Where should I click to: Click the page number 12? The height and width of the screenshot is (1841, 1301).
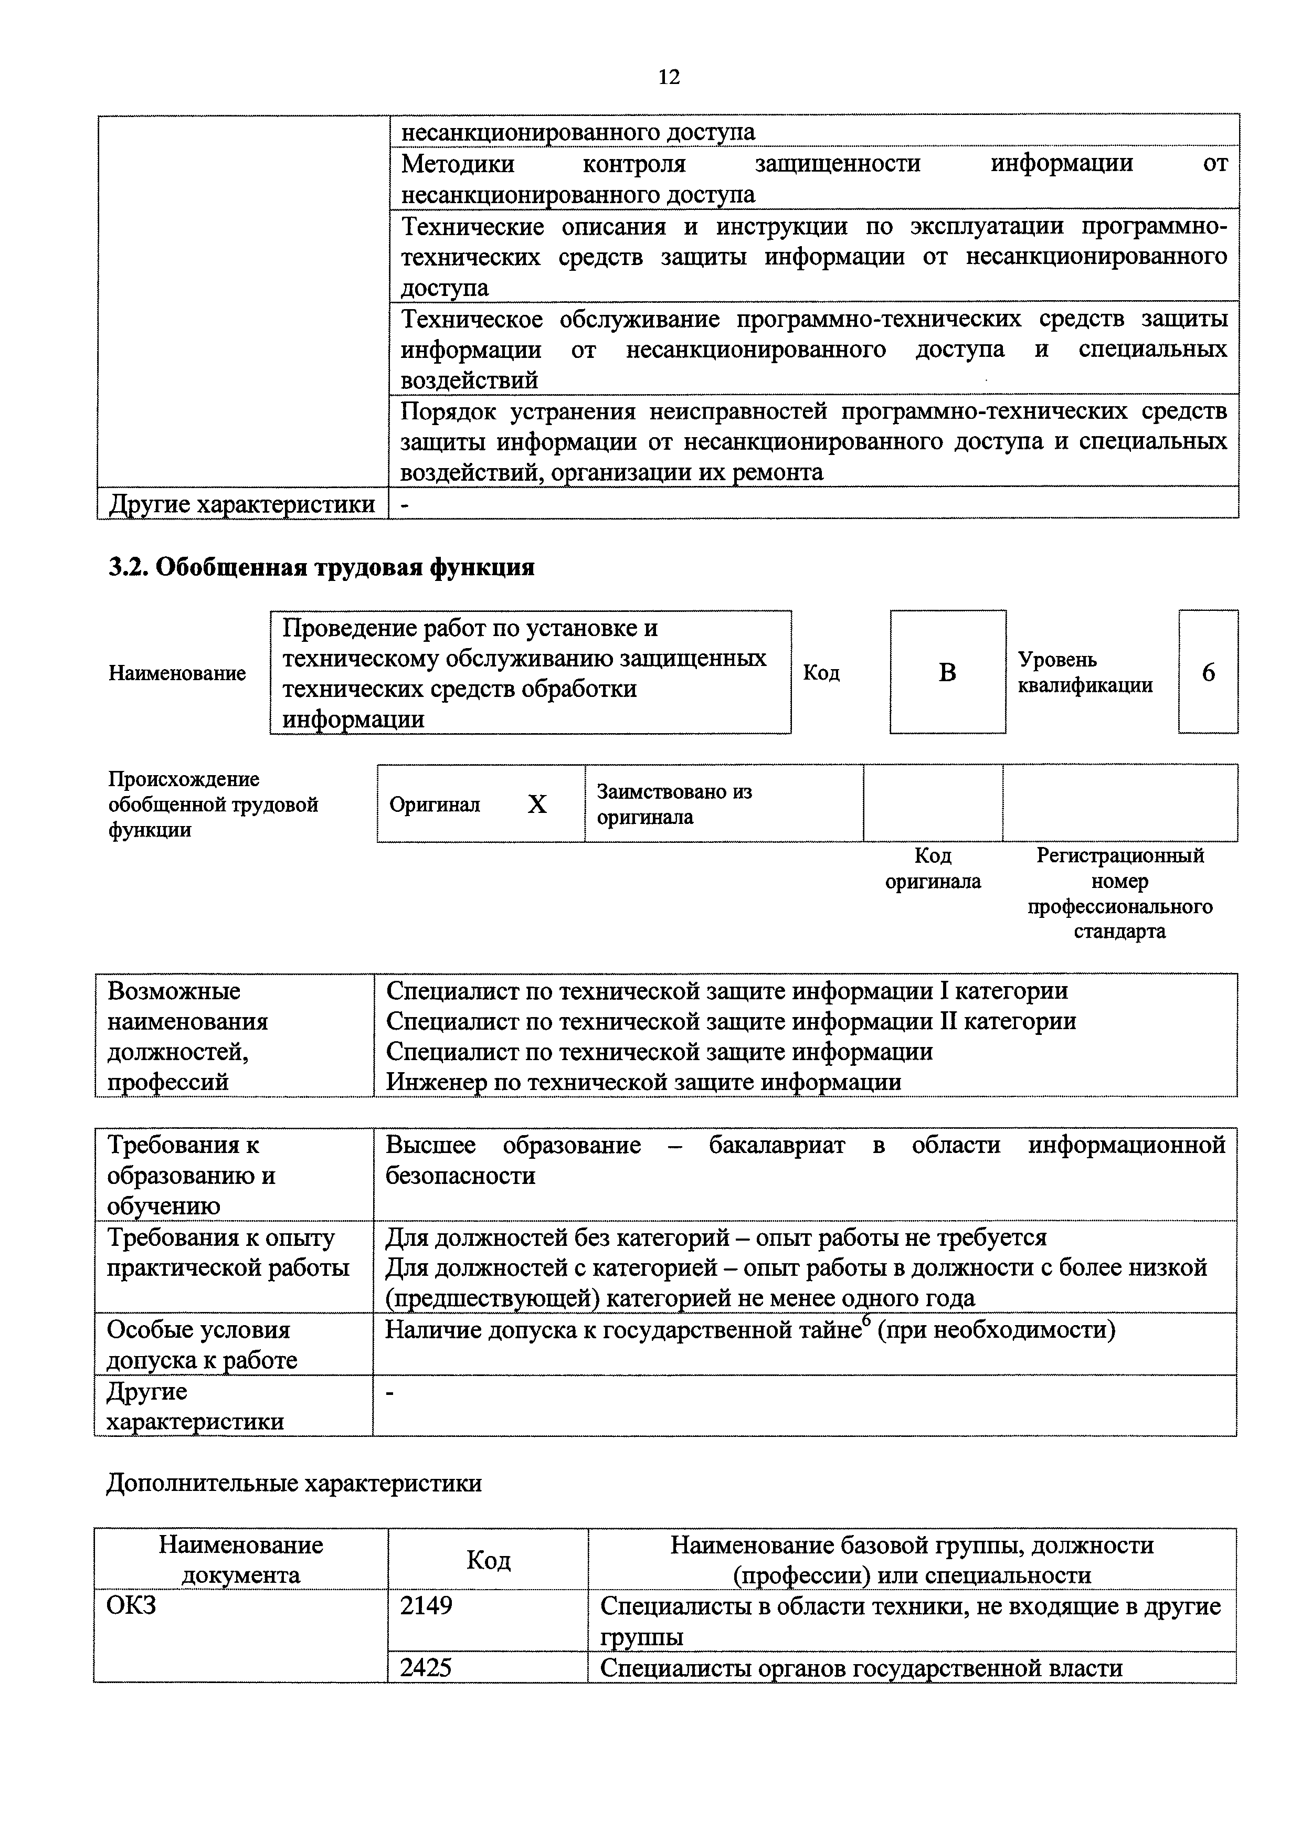click(x=669, y=77)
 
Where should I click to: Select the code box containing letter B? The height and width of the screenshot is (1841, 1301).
click(x=947, y=672)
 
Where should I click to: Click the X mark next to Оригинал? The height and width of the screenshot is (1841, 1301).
click(x=536, y=804)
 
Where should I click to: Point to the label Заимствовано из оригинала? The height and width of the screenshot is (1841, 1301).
click(x=674, y=804)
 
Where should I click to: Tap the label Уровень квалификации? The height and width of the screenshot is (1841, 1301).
click(x=1085, y=672)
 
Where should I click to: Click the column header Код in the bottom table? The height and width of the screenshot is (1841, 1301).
click(x=488, y=1560)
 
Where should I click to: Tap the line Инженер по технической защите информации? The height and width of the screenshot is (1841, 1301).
click(x=644, y=1083)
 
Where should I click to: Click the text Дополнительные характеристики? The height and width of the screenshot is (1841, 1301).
click(x=294, y=1484)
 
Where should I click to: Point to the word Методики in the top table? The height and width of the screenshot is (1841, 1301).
click(x=458, y=164)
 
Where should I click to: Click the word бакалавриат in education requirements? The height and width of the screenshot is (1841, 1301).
click(x=776, y=1145)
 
